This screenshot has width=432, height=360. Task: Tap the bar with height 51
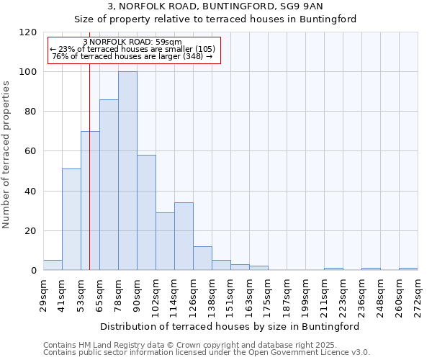[71, 220]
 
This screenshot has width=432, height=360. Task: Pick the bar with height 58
[146, 212]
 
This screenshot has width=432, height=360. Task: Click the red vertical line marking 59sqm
[89, 180]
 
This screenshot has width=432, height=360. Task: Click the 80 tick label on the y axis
[31, 112]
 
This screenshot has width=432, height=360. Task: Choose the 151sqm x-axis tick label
[230, 292]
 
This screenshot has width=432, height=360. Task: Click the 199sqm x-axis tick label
[305, 292]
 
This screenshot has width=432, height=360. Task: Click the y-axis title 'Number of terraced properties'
[6, 155]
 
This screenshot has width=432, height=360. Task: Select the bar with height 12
[202, 258]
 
